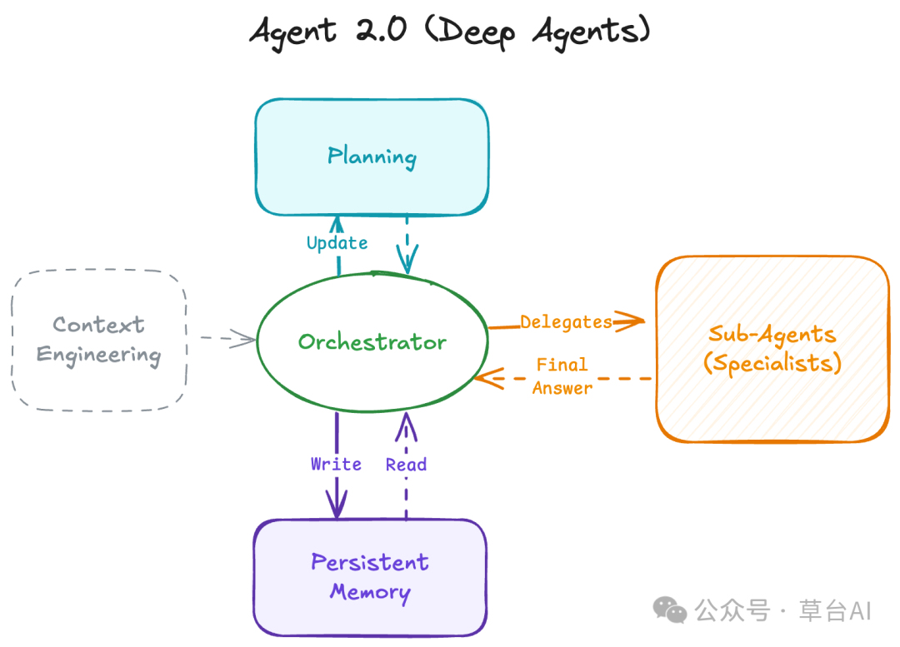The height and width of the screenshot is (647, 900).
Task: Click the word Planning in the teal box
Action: tap(372, 157)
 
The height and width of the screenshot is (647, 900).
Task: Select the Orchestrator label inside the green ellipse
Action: tap(372, 342)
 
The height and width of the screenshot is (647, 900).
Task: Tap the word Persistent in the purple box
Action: tap(370, 563)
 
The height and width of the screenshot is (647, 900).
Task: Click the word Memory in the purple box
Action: tap(370, 592)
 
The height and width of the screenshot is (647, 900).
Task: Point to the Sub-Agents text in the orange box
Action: tap(772, 335)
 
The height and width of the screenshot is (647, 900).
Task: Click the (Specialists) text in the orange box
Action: tap(772, 364)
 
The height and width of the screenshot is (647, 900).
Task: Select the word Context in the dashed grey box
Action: tap(98, 325)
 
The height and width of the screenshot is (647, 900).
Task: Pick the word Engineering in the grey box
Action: tap(98, 356)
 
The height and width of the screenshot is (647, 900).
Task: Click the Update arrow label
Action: tap(337, 243)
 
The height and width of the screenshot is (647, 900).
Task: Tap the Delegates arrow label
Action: tap(566, 321)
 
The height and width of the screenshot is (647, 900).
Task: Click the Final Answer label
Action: tap(562, 376)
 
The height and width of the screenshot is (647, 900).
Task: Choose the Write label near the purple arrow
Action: tap(336, 464)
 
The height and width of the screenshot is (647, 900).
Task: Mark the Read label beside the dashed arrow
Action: tap(406, 465)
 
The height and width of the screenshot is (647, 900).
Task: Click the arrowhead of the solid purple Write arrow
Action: tap(337, 507)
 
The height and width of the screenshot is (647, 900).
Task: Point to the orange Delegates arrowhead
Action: tap(633, 321)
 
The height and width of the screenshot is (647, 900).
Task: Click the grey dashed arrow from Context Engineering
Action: tap(227, 338)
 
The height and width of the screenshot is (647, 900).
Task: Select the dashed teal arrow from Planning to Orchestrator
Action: tap(407, 241)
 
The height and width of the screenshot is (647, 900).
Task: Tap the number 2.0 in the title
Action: tap(384, 32)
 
